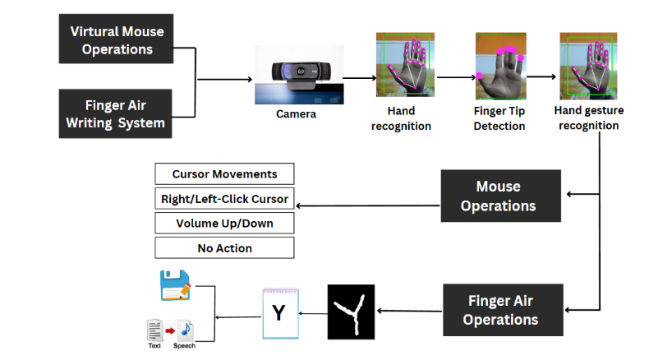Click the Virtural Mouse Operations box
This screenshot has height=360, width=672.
click(117, 39)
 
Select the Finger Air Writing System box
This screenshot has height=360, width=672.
click(117, 114)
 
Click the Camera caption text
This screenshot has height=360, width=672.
click(296, 114)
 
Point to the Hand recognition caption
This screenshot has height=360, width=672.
click(401, 118)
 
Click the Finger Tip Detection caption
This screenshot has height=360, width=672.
click(499, 118)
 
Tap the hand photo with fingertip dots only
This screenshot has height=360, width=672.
click(499, 68)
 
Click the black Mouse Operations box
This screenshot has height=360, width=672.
click(501, 196)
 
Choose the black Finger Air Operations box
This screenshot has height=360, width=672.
click(501, 310)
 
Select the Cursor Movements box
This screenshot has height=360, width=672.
click(224, 174)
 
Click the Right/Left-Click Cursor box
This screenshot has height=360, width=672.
click(224, 198)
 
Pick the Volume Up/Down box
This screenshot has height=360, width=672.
click(224, 223)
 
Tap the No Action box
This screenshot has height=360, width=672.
click(224, 247)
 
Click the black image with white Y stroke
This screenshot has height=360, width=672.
click(351, 312)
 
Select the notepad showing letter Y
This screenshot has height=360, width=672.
click(278, 313)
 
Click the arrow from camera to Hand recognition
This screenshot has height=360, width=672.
click(358, 78)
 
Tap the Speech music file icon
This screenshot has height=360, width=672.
click(186, 330)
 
